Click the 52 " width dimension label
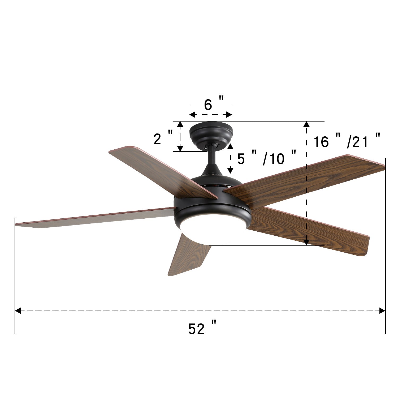point(202,328)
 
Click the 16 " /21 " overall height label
point(347,141)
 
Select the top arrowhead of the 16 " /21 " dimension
point(307,124)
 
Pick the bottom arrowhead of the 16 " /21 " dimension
point(307,242)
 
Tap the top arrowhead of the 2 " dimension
point(180,124)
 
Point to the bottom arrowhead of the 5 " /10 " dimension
point(230,170)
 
